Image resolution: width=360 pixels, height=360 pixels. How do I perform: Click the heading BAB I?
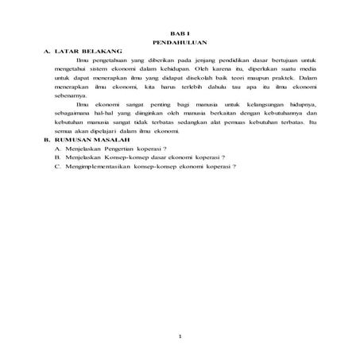180,31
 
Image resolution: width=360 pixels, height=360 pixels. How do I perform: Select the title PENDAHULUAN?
180,41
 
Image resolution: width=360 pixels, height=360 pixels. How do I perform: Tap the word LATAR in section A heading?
69,50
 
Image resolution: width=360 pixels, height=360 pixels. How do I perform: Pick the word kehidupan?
166,69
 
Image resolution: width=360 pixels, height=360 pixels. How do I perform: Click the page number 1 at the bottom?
180,337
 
